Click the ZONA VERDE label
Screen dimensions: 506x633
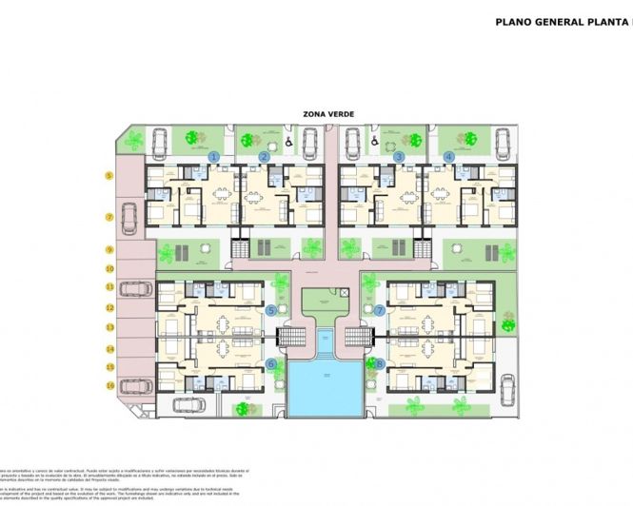tap(328, 114)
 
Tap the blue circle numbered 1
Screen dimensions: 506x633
tap(215, 156)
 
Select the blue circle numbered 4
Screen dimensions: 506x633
tap(449, 156)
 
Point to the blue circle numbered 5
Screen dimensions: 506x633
tap(271, 310)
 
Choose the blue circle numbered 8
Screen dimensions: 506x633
tap(381, 363)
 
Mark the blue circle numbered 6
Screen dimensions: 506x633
tap(271, 363)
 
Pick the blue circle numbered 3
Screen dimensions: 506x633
tap(400, 156)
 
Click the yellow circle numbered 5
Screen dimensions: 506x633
tap(109, 176)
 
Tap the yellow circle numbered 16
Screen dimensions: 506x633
tap(109, 385)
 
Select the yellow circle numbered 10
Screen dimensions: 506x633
tap(109, 269)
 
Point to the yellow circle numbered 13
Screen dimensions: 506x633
tap(109, 327)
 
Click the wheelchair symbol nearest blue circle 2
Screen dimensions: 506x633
tap(287, 144)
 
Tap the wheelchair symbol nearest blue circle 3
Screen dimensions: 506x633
tap(375, 144)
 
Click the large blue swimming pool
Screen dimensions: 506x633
tap(325, 386)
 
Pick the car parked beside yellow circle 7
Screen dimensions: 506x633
tap(131, 218)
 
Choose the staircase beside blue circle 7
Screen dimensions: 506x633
tap(359, 336)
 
